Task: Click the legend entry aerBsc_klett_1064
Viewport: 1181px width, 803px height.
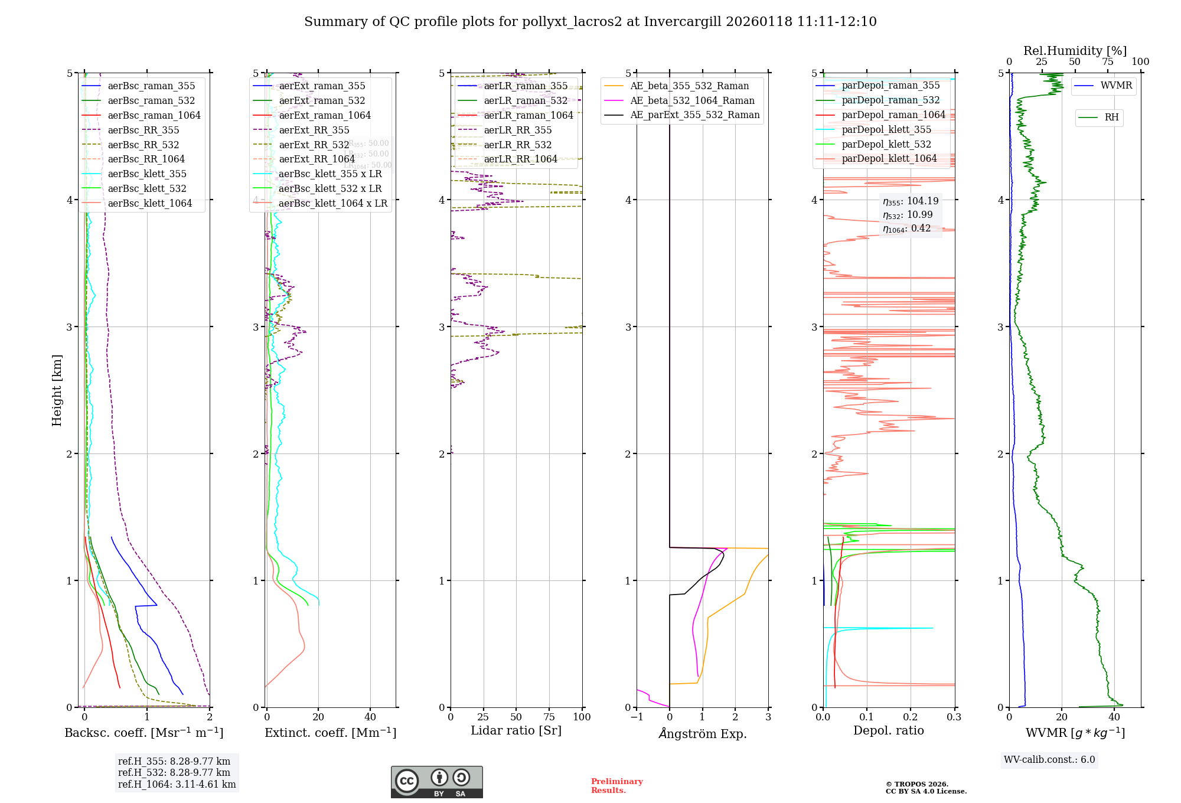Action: click(x=149, y=203)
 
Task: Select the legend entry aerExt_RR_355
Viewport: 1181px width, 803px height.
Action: click(x=314, y=130)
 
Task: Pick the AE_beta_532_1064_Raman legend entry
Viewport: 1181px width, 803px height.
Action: click(x=692, y=100)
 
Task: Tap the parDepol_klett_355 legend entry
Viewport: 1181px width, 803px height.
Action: click(x=886, y=129)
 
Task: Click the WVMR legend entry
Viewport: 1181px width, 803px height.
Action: click(x=1116, y=86)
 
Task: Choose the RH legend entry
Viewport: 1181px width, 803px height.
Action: click(x=1111, y=117)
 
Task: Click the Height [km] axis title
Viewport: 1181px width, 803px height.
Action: click(x=57, y=390)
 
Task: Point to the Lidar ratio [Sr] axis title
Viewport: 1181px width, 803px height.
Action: click(x=516, y=730)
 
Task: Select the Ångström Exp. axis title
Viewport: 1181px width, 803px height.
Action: click(x=703, y=733)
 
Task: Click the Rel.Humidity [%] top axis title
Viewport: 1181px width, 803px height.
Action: click(x=1075, y=51)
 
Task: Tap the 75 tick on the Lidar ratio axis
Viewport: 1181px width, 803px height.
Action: click(x=549, y=717)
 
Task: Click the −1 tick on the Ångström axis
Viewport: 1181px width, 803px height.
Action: click(x=637, y=717)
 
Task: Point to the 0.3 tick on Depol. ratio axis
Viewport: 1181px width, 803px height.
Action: click(x=954, y=717)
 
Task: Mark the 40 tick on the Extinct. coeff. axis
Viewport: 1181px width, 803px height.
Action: click(x=370, y=717)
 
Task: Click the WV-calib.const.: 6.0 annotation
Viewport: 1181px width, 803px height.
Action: click(x=1049, y=760)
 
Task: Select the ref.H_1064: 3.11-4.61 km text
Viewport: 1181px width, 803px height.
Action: click(x=177, y=784)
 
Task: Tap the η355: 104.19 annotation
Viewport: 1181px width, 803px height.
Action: click(x=911, y=201)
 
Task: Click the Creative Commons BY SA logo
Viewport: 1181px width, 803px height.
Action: click(x=436, y=782)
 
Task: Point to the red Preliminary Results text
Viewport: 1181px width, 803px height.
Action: click(x=616, y=786)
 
